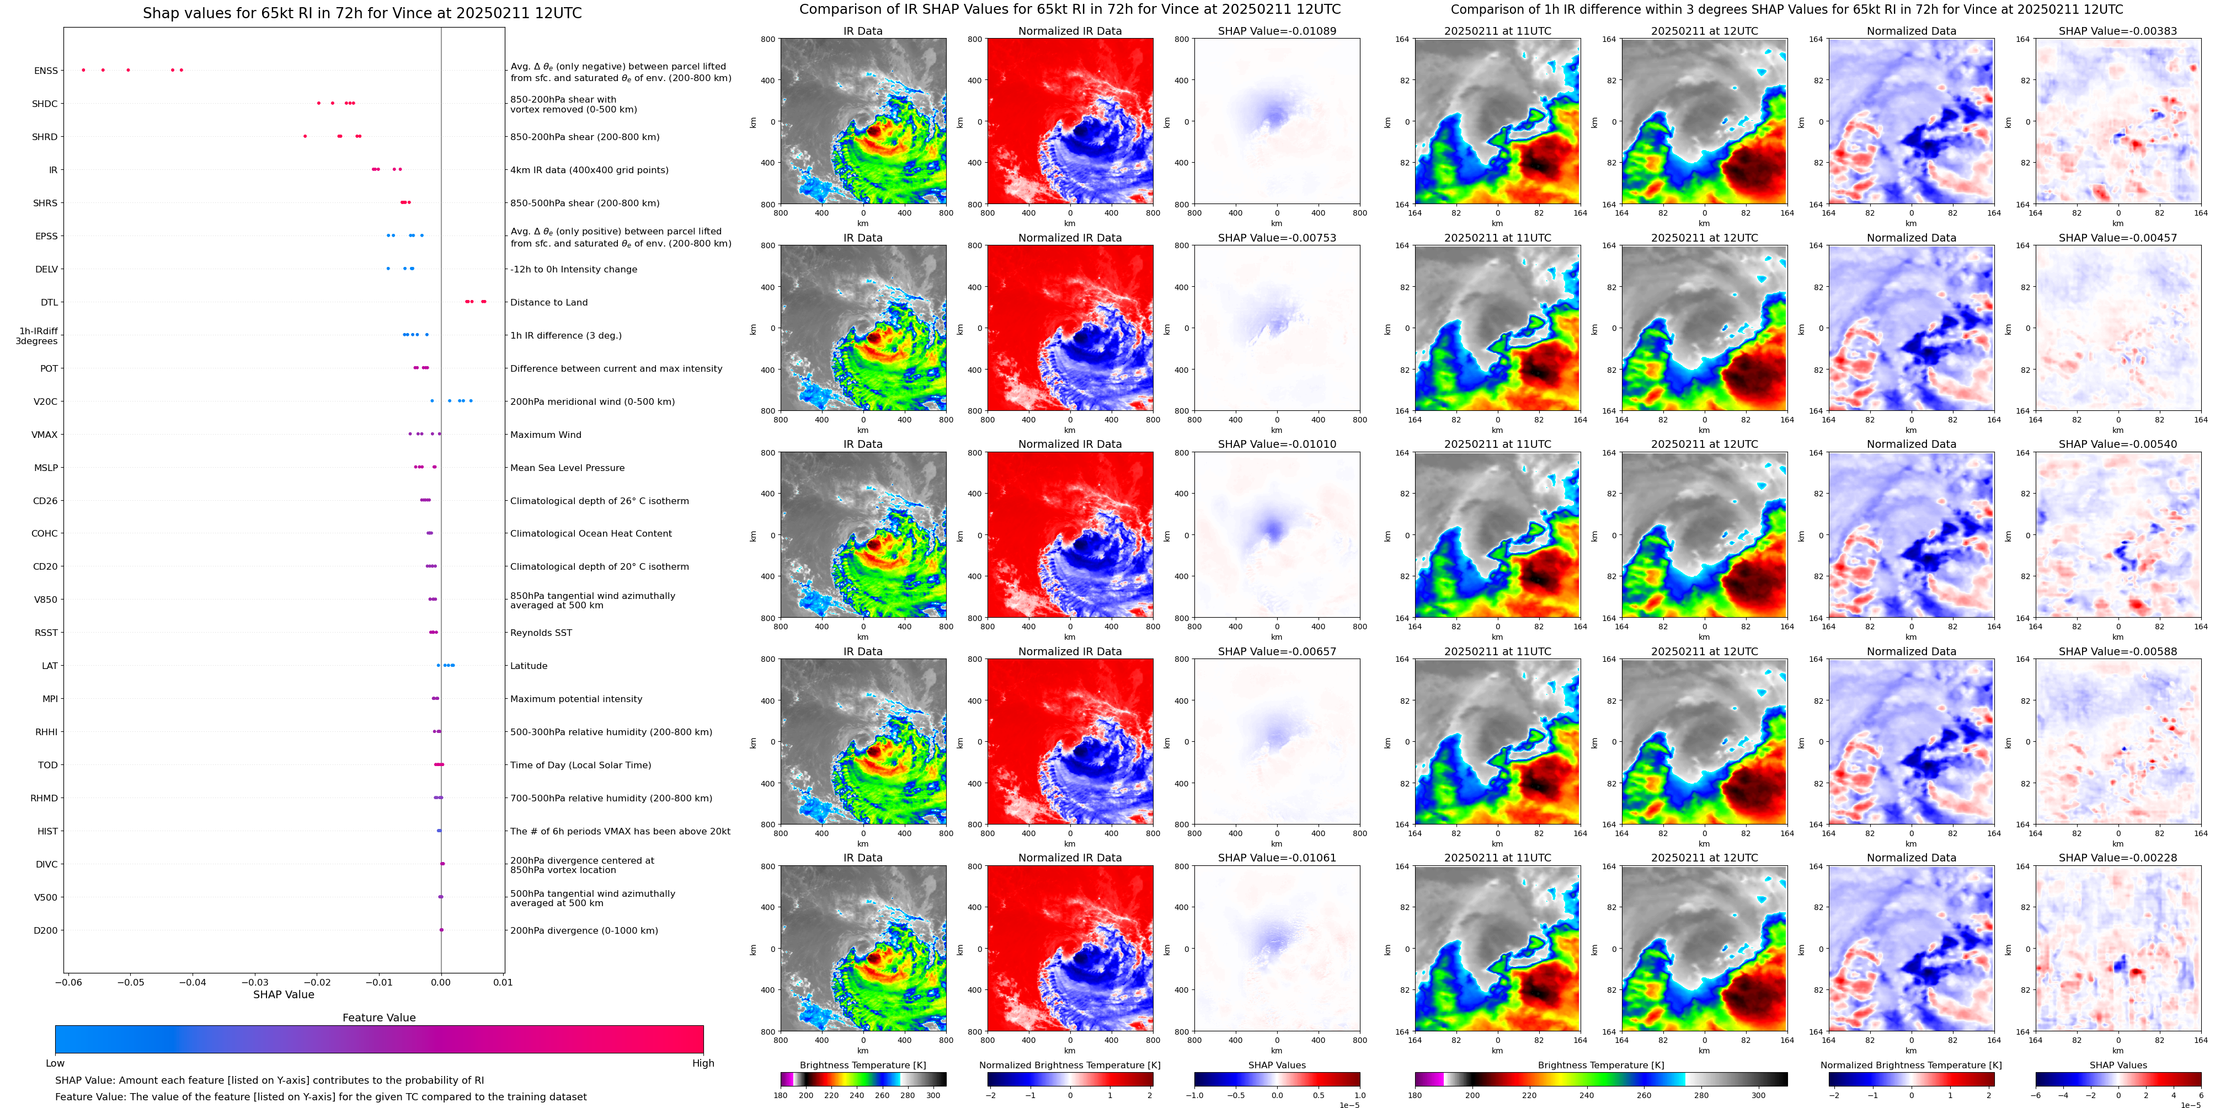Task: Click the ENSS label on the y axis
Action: tap(46, 71)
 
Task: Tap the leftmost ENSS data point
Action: tap(83, 69)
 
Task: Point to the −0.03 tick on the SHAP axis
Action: tap(254, 982)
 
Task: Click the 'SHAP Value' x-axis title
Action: tap(283, 994)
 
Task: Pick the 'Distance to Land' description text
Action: tap(548, 303)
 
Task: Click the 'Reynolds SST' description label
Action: tap(541, 633)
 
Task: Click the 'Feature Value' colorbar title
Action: tap(378, 1018)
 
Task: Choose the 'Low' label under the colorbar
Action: tap(55, 1063)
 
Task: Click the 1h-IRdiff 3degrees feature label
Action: tap(38, 336)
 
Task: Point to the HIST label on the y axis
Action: tap(47, 831)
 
